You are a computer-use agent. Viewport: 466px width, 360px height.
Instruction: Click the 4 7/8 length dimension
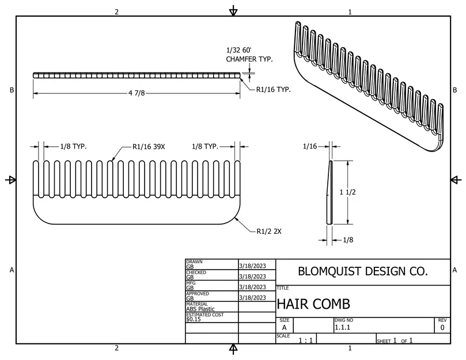137,93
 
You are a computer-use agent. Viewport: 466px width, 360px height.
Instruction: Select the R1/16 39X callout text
149,147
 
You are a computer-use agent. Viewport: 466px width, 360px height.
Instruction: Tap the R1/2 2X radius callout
269,231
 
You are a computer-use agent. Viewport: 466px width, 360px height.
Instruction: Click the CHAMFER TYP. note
249,59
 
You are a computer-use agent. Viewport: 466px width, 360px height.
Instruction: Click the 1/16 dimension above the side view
310,147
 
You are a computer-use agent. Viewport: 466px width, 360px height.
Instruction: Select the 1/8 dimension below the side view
348,238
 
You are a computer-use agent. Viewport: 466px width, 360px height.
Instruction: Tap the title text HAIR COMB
313,304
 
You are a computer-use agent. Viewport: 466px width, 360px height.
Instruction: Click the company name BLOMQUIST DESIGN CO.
362,271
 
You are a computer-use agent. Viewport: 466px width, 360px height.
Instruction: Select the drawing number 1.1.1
344,327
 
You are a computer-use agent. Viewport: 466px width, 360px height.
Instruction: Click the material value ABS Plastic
200,309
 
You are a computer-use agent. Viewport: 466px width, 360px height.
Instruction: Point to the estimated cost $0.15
194,319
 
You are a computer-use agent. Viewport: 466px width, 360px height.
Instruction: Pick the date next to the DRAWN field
252,266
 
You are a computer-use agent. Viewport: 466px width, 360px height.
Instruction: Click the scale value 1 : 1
305,340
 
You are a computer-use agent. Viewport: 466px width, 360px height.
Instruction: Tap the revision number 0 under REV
442,327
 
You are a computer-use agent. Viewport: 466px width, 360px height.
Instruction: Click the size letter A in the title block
284,327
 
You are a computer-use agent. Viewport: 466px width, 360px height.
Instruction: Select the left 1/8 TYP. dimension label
73,147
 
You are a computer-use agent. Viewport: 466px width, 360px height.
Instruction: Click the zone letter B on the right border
454,90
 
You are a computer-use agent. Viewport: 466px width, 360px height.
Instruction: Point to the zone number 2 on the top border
117,12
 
